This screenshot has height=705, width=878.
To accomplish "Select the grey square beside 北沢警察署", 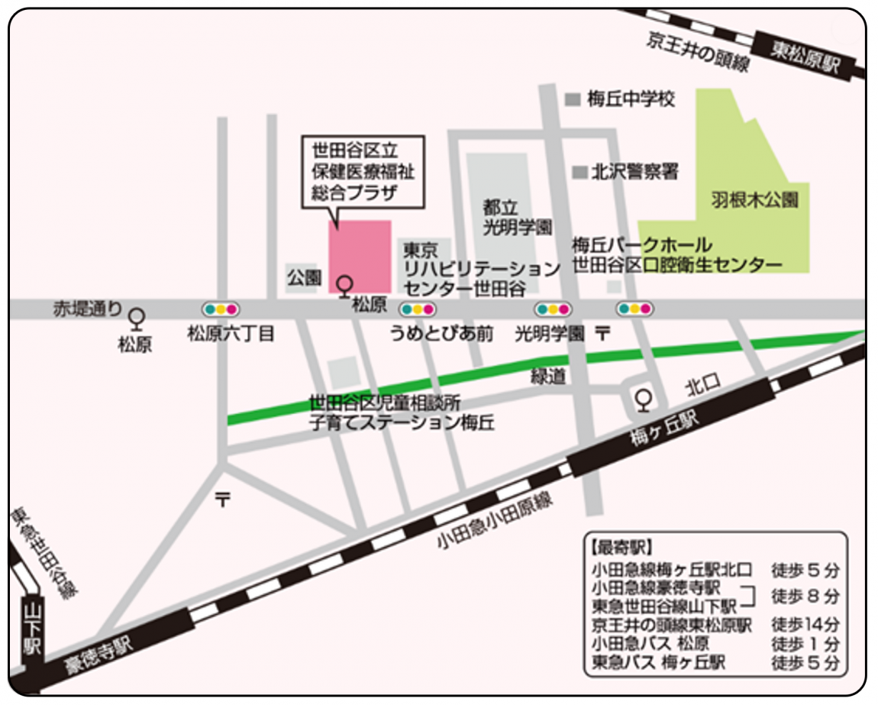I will [x=582, y=173].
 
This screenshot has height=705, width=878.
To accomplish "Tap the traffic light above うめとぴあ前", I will [x=418, y=309].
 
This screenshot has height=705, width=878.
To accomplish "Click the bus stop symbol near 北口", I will [x=644, y=399].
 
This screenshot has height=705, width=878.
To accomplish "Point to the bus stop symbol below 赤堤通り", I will [x=137, y=317].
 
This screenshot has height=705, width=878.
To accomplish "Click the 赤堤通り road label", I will [x=86, y=309].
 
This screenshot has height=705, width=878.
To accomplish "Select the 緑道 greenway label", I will [x=548, y=376].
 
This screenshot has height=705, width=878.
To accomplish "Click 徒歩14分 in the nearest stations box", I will [x=805, y=624].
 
